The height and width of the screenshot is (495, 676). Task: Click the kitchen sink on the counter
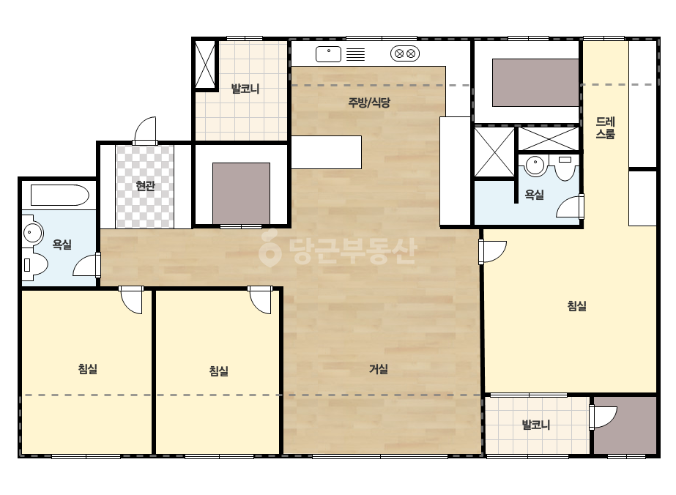329,54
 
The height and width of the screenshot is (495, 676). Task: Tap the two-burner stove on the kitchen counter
405,54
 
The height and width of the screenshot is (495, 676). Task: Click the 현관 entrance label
145,186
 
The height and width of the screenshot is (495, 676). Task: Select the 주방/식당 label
369,103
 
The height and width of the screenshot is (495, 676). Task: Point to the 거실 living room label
379,369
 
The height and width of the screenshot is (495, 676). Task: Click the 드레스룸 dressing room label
605,128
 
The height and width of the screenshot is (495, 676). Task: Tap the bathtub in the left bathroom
59,196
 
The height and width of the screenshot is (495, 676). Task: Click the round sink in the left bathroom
32,234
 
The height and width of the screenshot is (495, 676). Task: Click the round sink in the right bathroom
535,165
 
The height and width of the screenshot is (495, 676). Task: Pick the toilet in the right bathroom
565,168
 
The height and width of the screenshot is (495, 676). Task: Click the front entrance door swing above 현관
145,130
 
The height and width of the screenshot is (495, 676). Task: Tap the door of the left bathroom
87,264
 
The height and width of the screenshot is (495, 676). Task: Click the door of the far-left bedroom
131,299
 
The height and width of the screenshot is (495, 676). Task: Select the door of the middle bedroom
261,299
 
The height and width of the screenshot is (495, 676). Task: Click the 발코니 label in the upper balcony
245,89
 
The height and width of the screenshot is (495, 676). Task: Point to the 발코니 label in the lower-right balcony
536,425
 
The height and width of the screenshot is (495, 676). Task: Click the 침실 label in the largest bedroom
577,306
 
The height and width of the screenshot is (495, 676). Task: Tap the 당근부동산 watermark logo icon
270,249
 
